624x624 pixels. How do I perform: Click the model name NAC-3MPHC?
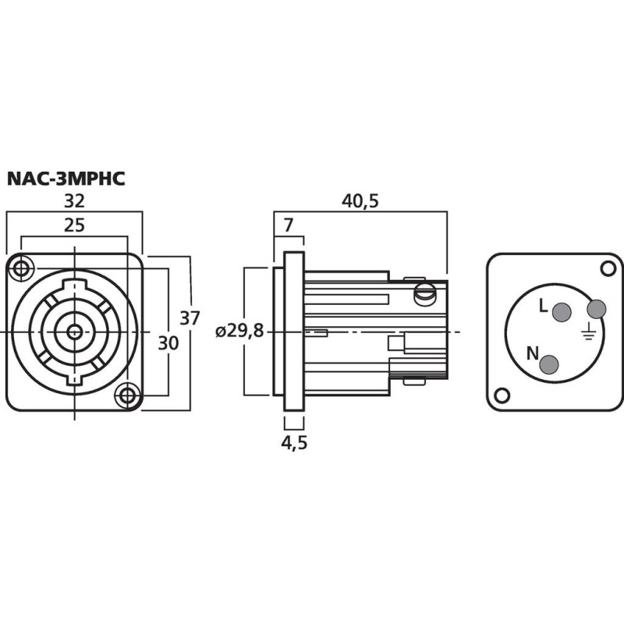point(66,178)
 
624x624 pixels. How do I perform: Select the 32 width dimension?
point(74,200)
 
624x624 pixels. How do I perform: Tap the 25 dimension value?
point(74,225)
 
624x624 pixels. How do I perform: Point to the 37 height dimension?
point(190,318)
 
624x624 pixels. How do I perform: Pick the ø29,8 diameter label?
point(239,331)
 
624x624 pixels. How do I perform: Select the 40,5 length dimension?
point(360,200)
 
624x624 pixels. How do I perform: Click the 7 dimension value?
point(289,225)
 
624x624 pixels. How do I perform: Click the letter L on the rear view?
point(544,307)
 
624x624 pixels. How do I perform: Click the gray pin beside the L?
point(561,313)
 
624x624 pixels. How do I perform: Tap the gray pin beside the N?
point(550,364)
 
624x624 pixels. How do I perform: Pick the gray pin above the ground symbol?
point(596,310)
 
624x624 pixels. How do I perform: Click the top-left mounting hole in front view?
point(21,269)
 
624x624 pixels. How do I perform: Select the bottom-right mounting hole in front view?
point(126,395)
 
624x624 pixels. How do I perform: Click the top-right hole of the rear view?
point(608,268)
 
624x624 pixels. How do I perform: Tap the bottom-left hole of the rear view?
point(503,395)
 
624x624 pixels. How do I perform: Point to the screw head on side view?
point(425,294)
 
